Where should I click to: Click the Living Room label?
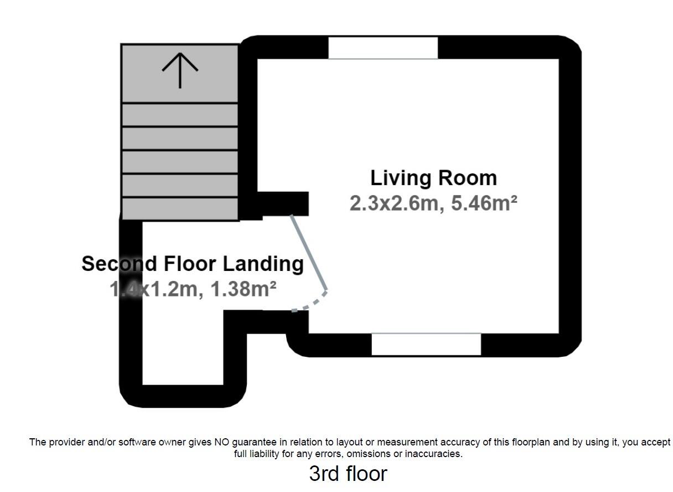(x=433, y=178)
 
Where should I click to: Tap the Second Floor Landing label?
(x=193, y=264)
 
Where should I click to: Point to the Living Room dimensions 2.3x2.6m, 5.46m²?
(x=433, y=203)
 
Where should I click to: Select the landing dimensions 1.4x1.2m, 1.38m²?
(x=193, y=289)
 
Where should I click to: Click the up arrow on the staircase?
(x=180, y=70)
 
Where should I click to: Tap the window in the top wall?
(x=383, y=48)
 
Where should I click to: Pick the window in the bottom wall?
(x=426, y=344)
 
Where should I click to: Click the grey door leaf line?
(x=309, y=253)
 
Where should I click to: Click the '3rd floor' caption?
(x=348, y=474)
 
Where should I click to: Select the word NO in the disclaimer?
(x=221, y=442)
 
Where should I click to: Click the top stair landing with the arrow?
(x=180, y=74)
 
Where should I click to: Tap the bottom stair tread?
(x=180, y=208)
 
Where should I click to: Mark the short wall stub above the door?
(x=283, y=203)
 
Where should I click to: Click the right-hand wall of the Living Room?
(x=570, y=196)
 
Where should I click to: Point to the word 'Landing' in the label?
(x=263, y=265)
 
